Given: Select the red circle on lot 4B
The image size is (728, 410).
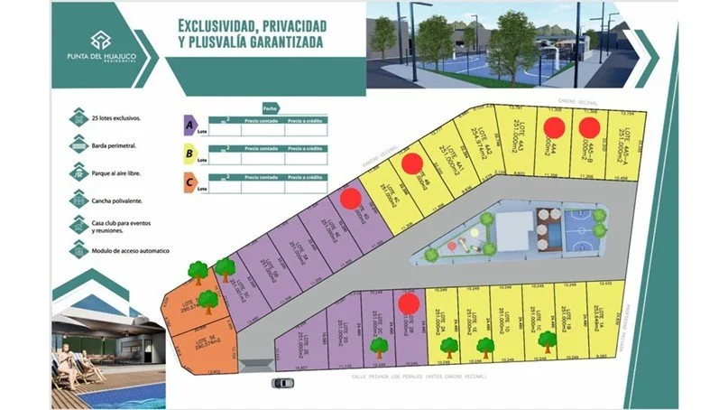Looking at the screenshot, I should (412, 163).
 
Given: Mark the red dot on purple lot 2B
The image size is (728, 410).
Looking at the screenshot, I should (408, 303).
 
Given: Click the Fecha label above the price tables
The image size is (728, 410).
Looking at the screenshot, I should (269, 107).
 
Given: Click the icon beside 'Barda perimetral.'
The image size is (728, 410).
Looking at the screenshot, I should (78, 144).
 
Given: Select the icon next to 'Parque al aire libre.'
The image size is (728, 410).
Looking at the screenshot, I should (78, 171).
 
